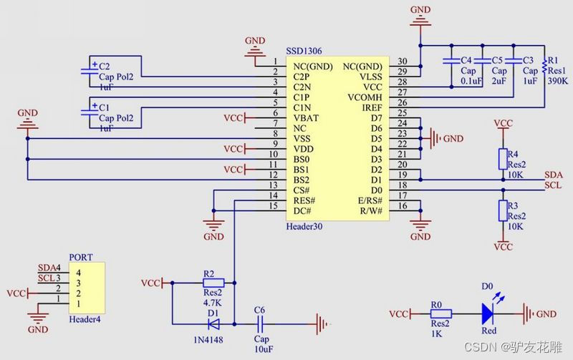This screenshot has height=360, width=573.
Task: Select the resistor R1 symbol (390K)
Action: [544, 66]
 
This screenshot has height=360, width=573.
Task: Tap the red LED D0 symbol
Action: [488, 313]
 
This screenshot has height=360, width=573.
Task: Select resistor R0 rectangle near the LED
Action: [440, 313]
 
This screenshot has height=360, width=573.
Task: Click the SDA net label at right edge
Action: [553, 175]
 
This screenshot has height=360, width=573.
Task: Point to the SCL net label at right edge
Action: [553, 185]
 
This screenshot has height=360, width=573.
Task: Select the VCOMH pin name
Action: [365, 97]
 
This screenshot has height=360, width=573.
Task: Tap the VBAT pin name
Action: [306, 117]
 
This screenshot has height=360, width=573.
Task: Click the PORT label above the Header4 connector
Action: [80, 257]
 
